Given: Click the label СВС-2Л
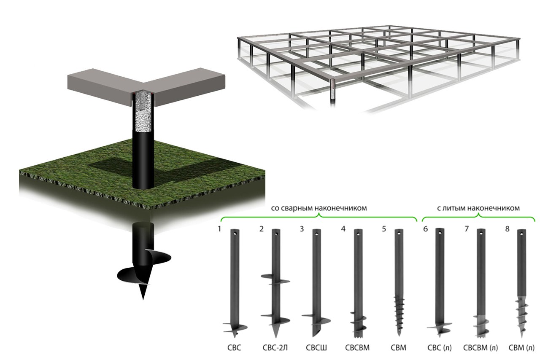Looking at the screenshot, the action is coord(275,348).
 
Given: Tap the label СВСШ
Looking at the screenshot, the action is coord(316,348).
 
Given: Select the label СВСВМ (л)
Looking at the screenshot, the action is coord(481,348).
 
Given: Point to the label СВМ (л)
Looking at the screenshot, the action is coord(521,348).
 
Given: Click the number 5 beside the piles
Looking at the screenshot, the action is coord(384,228).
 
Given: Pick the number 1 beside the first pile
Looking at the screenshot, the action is coord(219,228).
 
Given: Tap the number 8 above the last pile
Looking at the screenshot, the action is coord(508,228).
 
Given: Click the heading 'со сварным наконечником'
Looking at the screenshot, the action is coord(319,208).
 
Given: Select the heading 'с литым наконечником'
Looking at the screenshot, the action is coord(478,208).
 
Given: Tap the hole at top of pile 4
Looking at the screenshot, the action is coord(358,234).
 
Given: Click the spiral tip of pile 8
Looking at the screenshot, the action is coord(522,318).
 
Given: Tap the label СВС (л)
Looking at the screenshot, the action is coord(440,348).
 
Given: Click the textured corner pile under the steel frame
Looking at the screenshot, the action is coord(333,89).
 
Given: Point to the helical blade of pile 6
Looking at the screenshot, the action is coord(439,327).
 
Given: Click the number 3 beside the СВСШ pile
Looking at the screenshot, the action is coord(302,228).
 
